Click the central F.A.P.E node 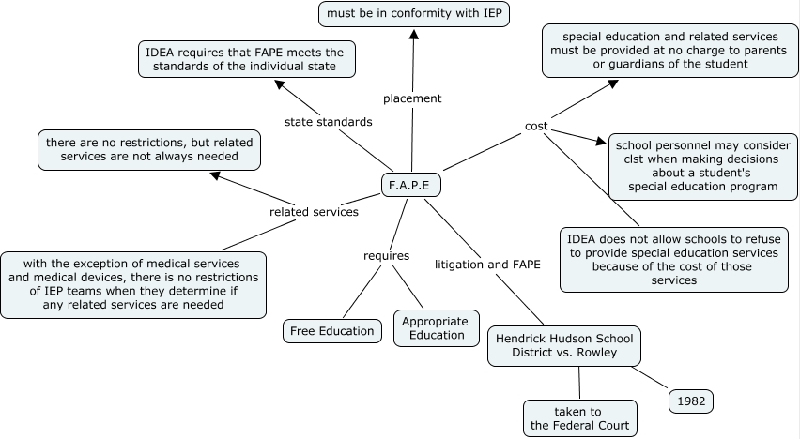410,185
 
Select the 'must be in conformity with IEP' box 413,14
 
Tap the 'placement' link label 412,98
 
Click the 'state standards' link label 328,122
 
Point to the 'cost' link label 536,127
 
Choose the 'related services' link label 314,212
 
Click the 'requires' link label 386,255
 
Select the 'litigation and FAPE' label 487,265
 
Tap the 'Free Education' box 332,331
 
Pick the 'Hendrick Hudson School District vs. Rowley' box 565,345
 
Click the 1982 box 691,401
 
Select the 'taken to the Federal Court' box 578,418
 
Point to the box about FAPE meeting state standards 244,59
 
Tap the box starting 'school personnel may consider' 702,166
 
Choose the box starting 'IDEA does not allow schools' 673,259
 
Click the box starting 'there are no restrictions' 149,150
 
